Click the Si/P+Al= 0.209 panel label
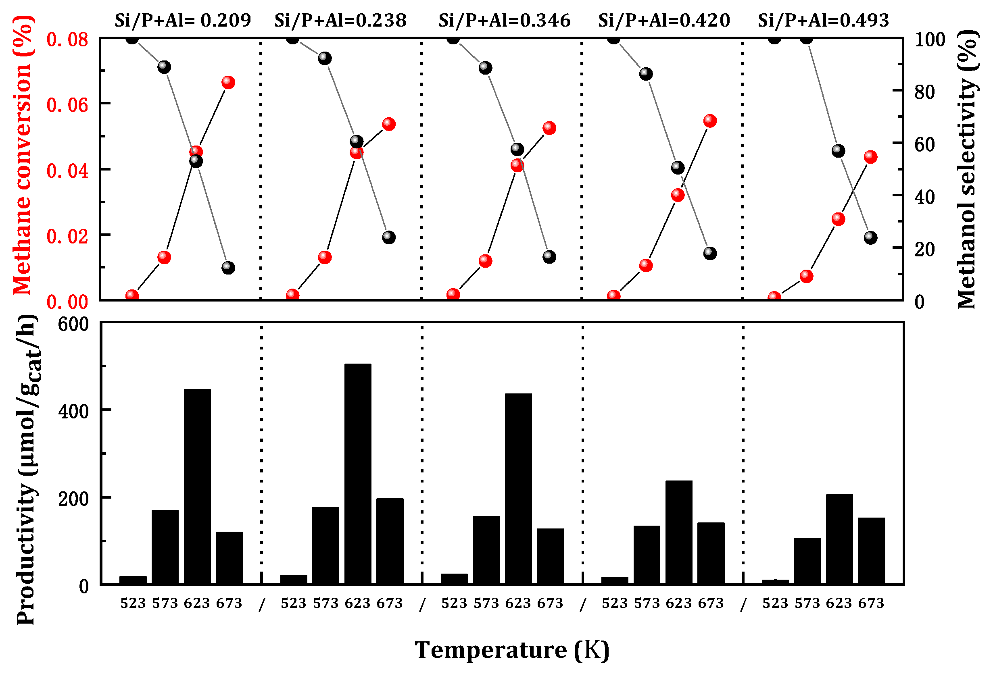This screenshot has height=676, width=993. pos(182,20)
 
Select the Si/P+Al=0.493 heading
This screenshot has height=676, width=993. pos(823,20)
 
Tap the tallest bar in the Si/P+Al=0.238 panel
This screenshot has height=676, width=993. pos(358,474)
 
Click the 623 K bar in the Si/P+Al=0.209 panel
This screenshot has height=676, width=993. pos(197,487)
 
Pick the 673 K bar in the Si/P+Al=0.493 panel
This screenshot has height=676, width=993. pos(871,551)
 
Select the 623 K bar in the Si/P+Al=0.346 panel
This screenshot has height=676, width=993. pos(518,489)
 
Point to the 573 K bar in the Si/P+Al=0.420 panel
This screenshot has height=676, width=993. pos(647,555)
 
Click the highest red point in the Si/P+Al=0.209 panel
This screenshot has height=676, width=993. pos(228,82)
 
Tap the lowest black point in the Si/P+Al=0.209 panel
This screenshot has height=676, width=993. pos(228,268)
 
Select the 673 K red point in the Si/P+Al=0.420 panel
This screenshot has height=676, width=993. pos(710,121)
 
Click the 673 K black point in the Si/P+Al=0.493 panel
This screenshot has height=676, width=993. pos(870,237)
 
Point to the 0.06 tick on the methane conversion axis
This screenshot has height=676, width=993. pos(67,105)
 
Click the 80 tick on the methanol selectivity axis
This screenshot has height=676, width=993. pos(924,92)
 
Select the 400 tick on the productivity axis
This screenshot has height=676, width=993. pos(73,411)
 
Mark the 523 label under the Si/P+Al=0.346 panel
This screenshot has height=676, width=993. pos(454,603)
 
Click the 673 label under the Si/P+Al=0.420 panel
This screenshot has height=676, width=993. pos(711,603)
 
